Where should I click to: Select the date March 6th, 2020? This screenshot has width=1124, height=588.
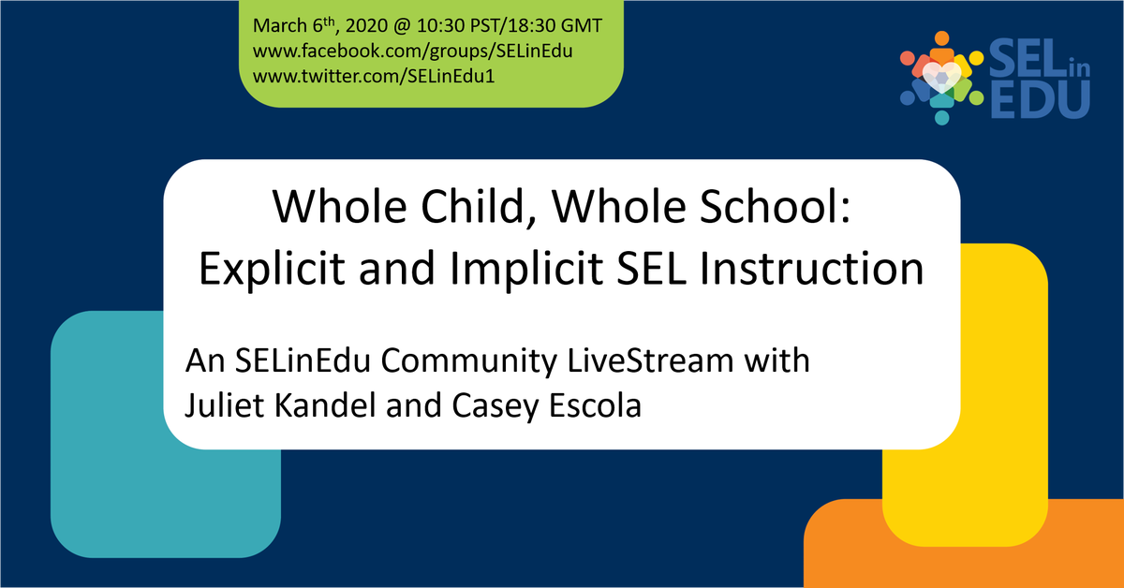[x=319, y=25]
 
